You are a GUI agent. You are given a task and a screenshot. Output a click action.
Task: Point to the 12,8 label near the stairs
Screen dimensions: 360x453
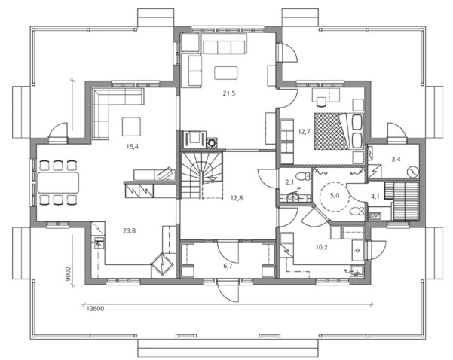(236, 199)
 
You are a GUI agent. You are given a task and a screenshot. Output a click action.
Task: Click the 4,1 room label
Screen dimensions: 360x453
(375, 197)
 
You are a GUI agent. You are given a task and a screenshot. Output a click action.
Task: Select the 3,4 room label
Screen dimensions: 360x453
(396, 160)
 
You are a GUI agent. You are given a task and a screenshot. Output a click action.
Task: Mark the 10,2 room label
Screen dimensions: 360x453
(320, 246)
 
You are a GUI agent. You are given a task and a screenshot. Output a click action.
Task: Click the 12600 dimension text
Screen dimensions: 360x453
(94, 308)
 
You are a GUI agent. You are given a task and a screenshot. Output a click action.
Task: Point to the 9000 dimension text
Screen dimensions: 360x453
(68, 274)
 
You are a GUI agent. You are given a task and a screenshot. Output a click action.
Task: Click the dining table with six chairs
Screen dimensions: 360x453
(60, 182)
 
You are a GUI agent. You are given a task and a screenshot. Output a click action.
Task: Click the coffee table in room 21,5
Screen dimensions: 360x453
(225, 73)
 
